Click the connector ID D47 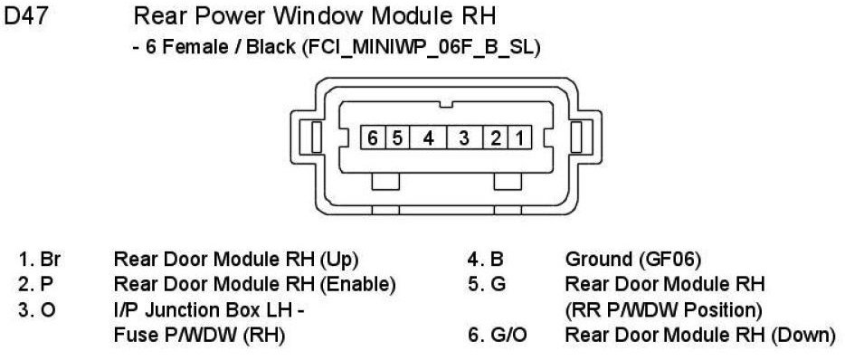[26, 16]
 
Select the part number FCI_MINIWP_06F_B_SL [421, 47]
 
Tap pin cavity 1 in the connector [519, 138]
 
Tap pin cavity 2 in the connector [496, 138]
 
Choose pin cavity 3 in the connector [464, 138]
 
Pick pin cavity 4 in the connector [428, 138]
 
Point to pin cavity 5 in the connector [397, 138]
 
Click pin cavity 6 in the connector [373, 138]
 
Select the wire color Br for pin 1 [50, 260]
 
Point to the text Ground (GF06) [633, 260]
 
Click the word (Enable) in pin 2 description [358, 284]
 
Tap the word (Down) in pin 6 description [803, 336]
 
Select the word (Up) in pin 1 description [339, 260]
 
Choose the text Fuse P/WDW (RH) [199, 336]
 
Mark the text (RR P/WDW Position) [663, 310]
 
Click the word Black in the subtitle [271, 47]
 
